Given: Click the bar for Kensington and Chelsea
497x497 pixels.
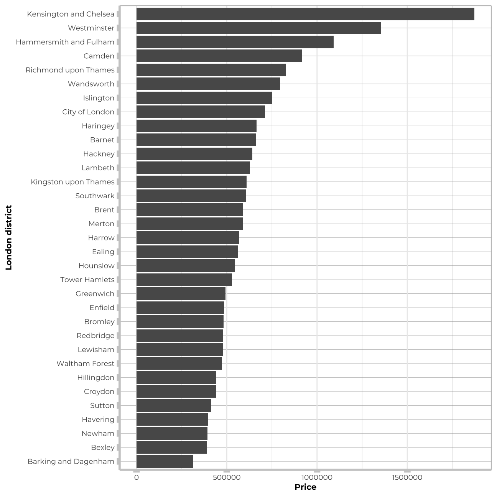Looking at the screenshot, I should tap(305, 14).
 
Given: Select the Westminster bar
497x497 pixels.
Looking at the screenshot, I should tap(258, 28).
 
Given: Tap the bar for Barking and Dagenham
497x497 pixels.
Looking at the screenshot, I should tap(165, 461).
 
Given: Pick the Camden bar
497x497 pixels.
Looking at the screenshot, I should tap(219, 56).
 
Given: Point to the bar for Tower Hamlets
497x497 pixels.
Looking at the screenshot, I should tap(184, 280).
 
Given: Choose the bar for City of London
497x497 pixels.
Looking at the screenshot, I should tap(201, 112).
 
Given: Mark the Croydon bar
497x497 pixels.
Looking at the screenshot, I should tap(176, 392).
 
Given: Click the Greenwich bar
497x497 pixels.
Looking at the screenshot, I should tap(181, 294).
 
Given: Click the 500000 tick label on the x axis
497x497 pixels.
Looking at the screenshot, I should tap(227, 477).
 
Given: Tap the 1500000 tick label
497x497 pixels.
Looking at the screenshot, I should tap(407, 477).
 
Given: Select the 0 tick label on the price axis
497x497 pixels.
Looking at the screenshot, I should tap(137, 477).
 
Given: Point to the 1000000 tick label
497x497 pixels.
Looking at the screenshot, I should tap(317, 477).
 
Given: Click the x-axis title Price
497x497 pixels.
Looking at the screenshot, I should tap(305, 487).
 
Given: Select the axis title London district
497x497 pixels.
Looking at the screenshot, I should tap(9, 238).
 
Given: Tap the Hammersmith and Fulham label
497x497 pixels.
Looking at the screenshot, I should tap(65, 42).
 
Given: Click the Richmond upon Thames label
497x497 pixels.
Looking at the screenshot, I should tap(70, 70).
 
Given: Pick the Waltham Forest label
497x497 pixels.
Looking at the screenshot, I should tap(86, 364).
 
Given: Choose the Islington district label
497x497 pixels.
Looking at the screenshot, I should tap(99, 98).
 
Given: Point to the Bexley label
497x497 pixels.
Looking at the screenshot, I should tap(103, 448).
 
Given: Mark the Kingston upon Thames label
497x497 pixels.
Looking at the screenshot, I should tap(73, 182).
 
